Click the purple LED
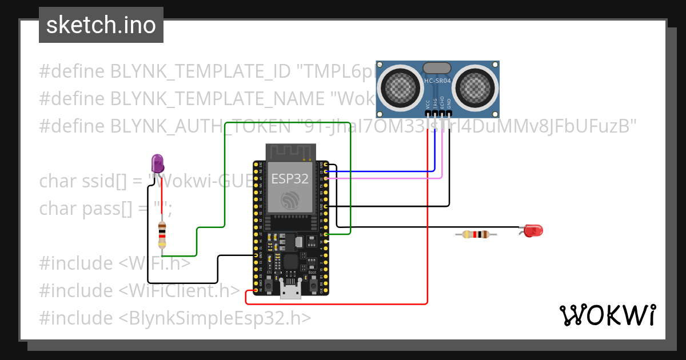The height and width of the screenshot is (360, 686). (x=157, y=163)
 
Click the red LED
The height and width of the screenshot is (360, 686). (x=532, y=231)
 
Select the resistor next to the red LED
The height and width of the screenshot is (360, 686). (x=476, y=234)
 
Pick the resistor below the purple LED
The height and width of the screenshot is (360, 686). (x=162, y=235)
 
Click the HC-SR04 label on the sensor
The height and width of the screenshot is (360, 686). (x=438, y=81)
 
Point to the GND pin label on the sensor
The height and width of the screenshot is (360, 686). (x=449, y=104)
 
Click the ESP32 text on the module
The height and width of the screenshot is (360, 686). (x=290, y=179)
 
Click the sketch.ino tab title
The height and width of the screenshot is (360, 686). (x=101, y=25)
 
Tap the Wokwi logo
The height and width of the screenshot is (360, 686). (x=607, y=315)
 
